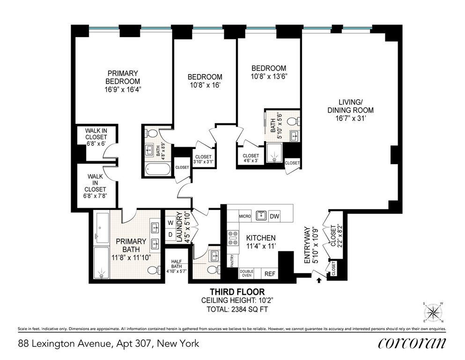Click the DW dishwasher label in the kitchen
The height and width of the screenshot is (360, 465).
point(274,217)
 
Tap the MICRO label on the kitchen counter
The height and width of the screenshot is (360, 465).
point(245,217)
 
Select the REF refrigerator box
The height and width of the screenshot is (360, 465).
point(270,274)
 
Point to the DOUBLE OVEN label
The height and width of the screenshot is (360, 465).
point(246,273)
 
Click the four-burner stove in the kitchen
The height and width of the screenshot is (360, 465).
point(233,238)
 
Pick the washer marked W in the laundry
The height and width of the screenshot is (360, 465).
point(170,223)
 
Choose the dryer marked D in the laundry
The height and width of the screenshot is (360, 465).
point(170,234)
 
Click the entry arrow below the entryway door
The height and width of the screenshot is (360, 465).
point(319,280)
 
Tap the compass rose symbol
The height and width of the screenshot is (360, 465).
point(433,312)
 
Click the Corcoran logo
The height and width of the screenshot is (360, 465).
point(412,343)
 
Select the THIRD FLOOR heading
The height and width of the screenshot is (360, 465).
point(237,292)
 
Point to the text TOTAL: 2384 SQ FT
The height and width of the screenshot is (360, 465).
point(237,309)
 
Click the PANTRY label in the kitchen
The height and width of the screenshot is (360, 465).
point(232,260)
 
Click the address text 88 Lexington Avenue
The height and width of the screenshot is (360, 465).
point(65,344)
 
